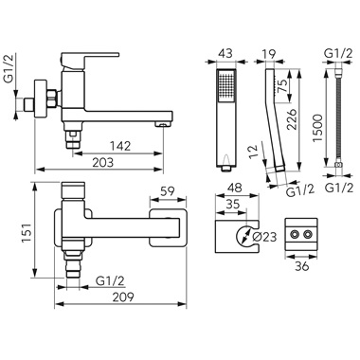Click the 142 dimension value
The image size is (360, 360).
[x=120, y=146]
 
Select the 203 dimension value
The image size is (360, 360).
[x=103, y=163]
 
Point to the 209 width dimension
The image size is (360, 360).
[x=123, y=297]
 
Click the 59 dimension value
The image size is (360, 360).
[x=167, y=191]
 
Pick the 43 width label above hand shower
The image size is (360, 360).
[x=225, y=53]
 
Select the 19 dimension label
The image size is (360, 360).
[x=268, y=53]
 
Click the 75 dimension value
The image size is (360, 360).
[x=281, y=86]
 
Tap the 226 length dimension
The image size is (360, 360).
[x=291, y=119]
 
